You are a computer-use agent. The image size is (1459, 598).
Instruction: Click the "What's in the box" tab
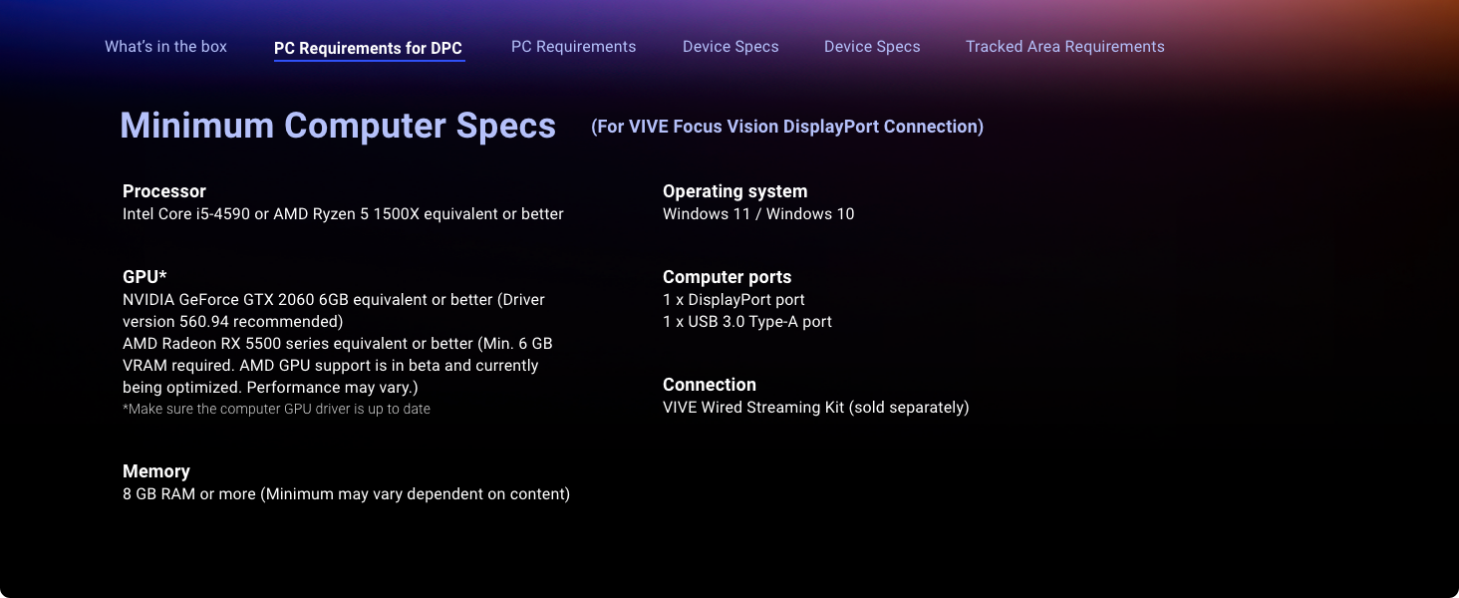pos(165,47)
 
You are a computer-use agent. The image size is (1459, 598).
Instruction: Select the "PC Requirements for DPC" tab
pos(368,48)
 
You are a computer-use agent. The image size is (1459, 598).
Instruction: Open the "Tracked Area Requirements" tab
pos(1065,47)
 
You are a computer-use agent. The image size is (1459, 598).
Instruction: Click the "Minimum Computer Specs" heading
pos(338,126)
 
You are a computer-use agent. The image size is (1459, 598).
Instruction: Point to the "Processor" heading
pos(164,191)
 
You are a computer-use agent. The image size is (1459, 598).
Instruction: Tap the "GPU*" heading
pos(145,277)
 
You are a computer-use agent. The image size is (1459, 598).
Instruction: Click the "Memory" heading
pos(156,471)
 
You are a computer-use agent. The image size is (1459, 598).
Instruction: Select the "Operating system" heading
pos(734,191)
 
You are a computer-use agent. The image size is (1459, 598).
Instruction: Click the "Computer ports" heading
pos(727,277)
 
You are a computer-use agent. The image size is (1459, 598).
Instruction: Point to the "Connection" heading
pos(710,385)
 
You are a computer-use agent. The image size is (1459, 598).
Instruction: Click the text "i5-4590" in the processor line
pos(223,214)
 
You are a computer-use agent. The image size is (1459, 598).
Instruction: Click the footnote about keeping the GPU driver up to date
pos(276,409)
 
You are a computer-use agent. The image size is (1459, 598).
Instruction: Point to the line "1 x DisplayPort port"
pos(733,300)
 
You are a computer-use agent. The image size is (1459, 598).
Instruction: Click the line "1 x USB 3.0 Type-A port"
pos(747,322)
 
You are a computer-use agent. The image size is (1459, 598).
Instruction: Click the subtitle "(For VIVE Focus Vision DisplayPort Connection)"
pos(787,127)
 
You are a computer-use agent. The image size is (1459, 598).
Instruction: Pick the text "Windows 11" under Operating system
pos(707,214)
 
